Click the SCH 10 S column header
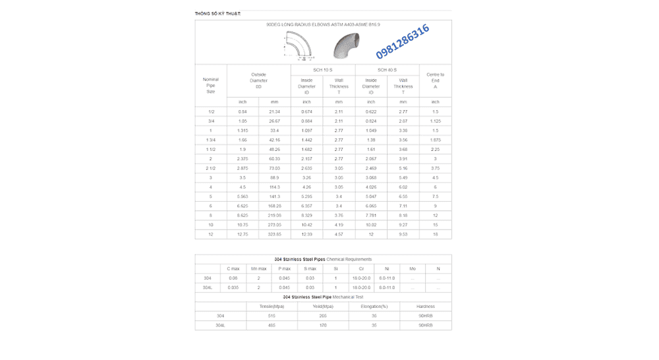[323, 69]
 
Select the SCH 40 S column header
[387, 69]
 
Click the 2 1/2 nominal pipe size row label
[211, 168]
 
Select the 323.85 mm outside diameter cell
[275, 234]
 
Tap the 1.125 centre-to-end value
[436, 121]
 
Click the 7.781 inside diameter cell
[371, 215]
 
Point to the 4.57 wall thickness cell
[339, 234]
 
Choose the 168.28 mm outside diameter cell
[275, 206]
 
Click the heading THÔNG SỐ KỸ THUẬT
[217, 13]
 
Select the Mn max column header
[258, 268]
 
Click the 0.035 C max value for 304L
[233, 287]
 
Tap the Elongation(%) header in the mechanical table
[374, 307]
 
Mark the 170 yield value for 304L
[323, 325]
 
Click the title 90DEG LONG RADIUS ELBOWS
[323, 24]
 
